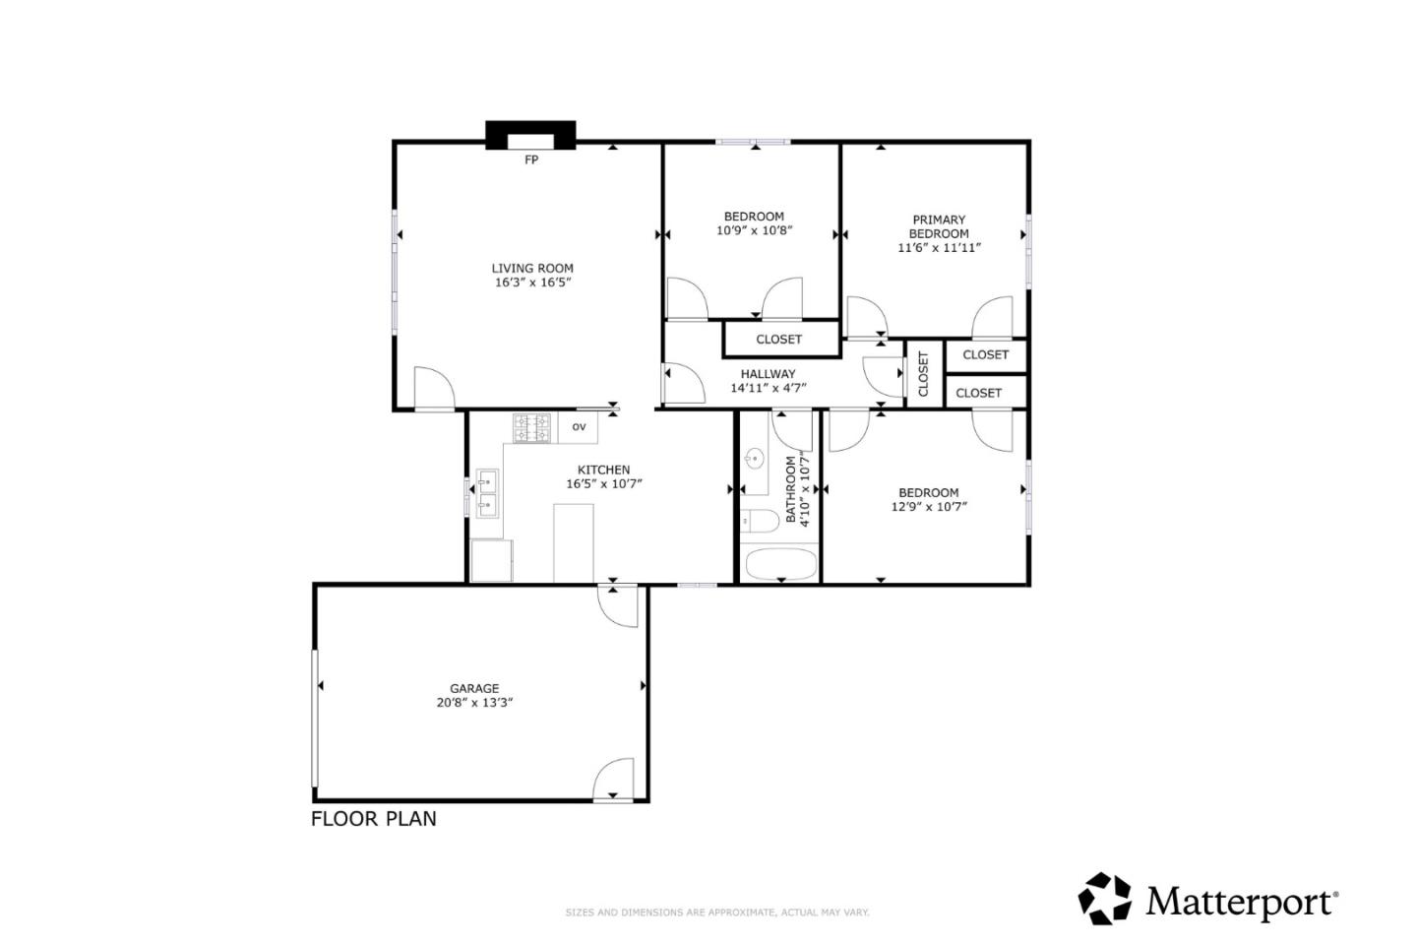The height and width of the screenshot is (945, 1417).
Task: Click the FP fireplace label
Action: point(531,159)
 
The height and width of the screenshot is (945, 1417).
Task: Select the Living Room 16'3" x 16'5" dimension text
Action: point(532,283)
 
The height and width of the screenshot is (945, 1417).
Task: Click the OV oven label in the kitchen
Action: point(579,426)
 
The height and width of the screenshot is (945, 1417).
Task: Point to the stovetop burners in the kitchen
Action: point(531,428)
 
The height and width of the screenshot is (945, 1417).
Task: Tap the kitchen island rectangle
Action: point(574,542)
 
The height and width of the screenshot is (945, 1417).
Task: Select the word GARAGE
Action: point(474,688)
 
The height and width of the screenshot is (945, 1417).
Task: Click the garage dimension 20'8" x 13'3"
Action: point(474,703)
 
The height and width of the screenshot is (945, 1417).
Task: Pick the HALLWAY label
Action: point(768,373)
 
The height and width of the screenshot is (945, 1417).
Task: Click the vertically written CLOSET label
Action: point(923,374)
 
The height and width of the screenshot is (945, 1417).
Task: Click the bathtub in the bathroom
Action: point(780,565)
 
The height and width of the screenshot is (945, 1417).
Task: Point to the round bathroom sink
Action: point(755,459)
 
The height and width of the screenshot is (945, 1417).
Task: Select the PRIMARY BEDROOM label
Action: point(939,226)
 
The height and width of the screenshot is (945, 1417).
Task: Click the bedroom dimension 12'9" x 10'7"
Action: point(928,507)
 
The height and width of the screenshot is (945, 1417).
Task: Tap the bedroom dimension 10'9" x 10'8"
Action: point(754,230)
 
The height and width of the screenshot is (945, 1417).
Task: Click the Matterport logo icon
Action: point(1105,899)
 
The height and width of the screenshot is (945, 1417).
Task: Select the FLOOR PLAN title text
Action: point(374,819)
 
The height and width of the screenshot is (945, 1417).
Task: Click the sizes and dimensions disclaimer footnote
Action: point(716,913)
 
